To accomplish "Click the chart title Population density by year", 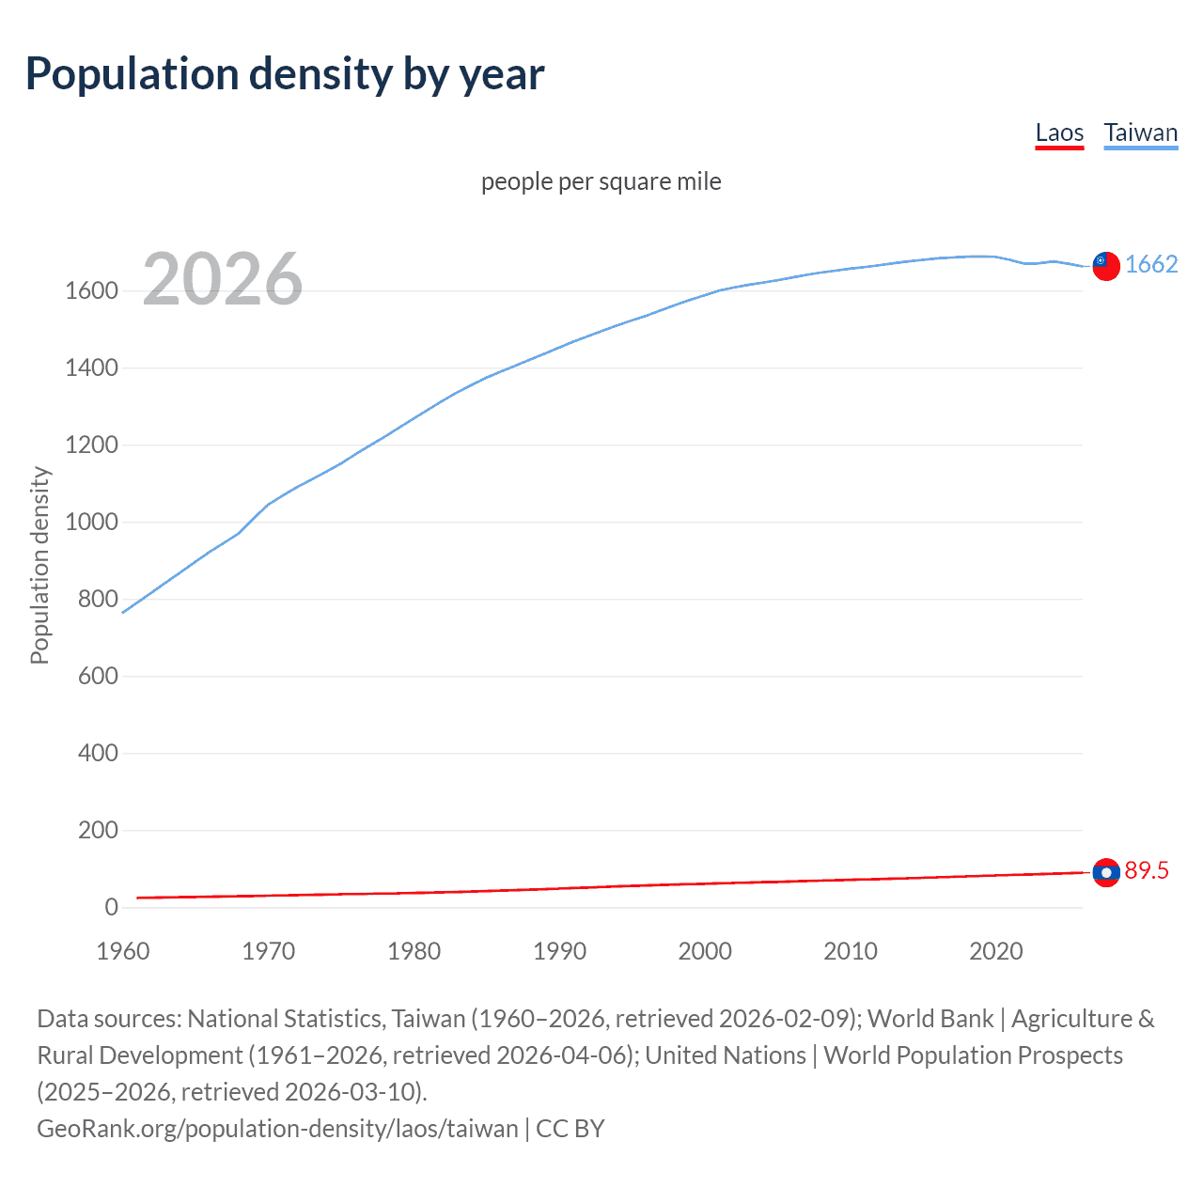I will pyautogui.click(x=285, y=74).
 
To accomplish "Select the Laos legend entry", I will pyautogui.click(x=1059, y=133).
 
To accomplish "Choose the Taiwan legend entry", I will pyautogui.click(x=1140, y=133).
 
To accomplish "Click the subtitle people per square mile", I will pyautogui.click(x=601, y=181).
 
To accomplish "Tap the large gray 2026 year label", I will pyautogui.click(x=223, y=279).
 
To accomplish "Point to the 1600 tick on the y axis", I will pyautogui.click(x=91, y=291).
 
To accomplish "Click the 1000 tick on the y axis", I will pyautogui.click(x=91, y=523).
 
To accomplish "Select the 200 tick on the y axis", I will pyautogui.click(x=98, y=831).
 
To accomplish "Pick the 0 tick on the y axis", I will pyautogui.click(x=111, y=908).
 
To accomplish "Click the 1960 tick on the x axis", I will pyautogui.click(x=123, y=951).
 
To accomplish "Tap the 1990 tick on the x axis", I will pyautogui.click(x=559, y=951).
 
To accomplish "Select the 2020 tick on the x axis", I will pyautogui.click(x=995, y=951).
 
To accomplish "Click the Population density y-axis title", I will pyautogui.click(x=39, y=566).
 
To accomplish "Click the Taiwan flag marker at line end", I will pyautogui.click(x=1106, y=266).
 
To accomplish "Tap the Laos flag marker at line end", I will pyautogui.click(x=1106, y=872).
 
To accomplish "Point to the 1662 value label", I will pyautogui.click(x=1151, y=264).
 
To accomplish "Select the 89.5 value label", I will pyautogui.click(x=1147, y=871).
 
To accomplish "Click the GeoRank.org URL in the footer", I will pyautogui.click(x=277, y=1129).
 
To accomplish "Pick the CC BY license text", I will pyautogui.click(x=570, y=1129).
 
